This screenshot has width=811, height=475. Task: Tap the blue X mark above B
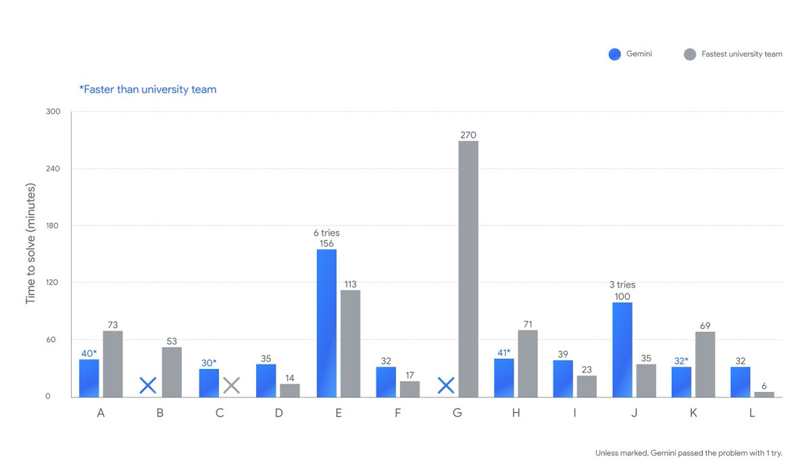point(148,386)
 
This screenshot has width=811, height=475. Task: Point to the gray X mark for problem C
point(232,386)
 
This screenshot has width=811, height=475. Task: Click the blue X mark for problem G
point(445,386)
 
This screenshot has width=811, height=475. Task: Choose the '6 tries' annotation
point(326,233)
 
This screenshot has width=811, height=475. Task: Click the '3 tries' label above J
point(622,285)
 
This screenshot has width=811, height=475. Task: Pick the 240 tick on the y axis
point(53,169)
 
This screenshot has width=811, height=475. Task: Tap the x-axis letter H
point(516,414)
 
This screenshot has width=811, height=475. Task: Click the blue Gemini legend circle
point(614,54)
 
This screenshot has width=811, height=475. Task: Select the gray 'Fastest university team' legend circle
point(689,54)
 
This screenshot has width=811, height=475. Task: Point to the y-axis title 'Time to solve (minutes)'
point(31,244)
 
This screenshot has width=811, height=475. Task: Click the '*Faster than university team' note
point(148,89)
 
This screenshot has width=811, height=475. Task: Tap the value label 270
point(468,135)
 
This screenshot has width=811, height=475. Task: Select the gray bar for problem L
point(764,394)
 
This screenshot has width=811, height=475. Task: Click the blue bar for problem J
point(622,349)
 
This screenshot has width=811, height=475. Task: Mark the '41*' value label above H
point(504,352)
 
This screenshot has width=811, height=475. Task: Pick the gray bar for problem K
point(705,364)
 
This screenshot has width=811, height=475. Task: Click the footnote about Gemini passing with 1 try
point(689,453)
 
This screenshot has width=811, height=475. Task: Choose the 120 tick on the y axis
point(53,282)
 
